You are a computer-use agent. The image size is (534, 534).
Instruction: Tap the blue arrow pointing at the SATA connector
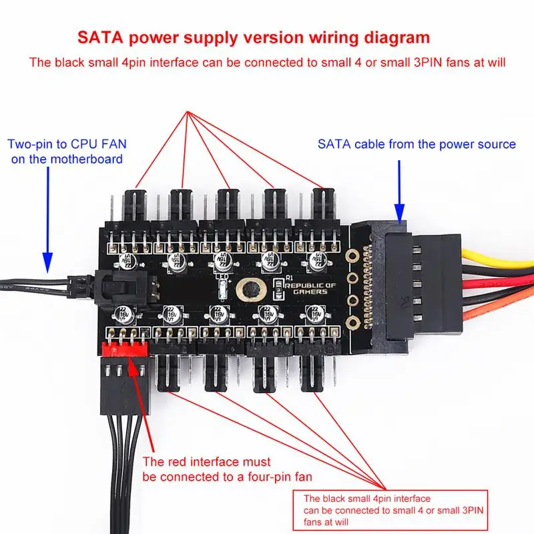[x=398, y=191]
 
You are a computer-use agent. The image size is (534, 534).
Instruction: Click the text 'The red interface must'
[x=207, y=461]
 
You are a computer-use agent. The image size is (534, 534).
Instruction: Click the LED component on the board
[x=224, y=288]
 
